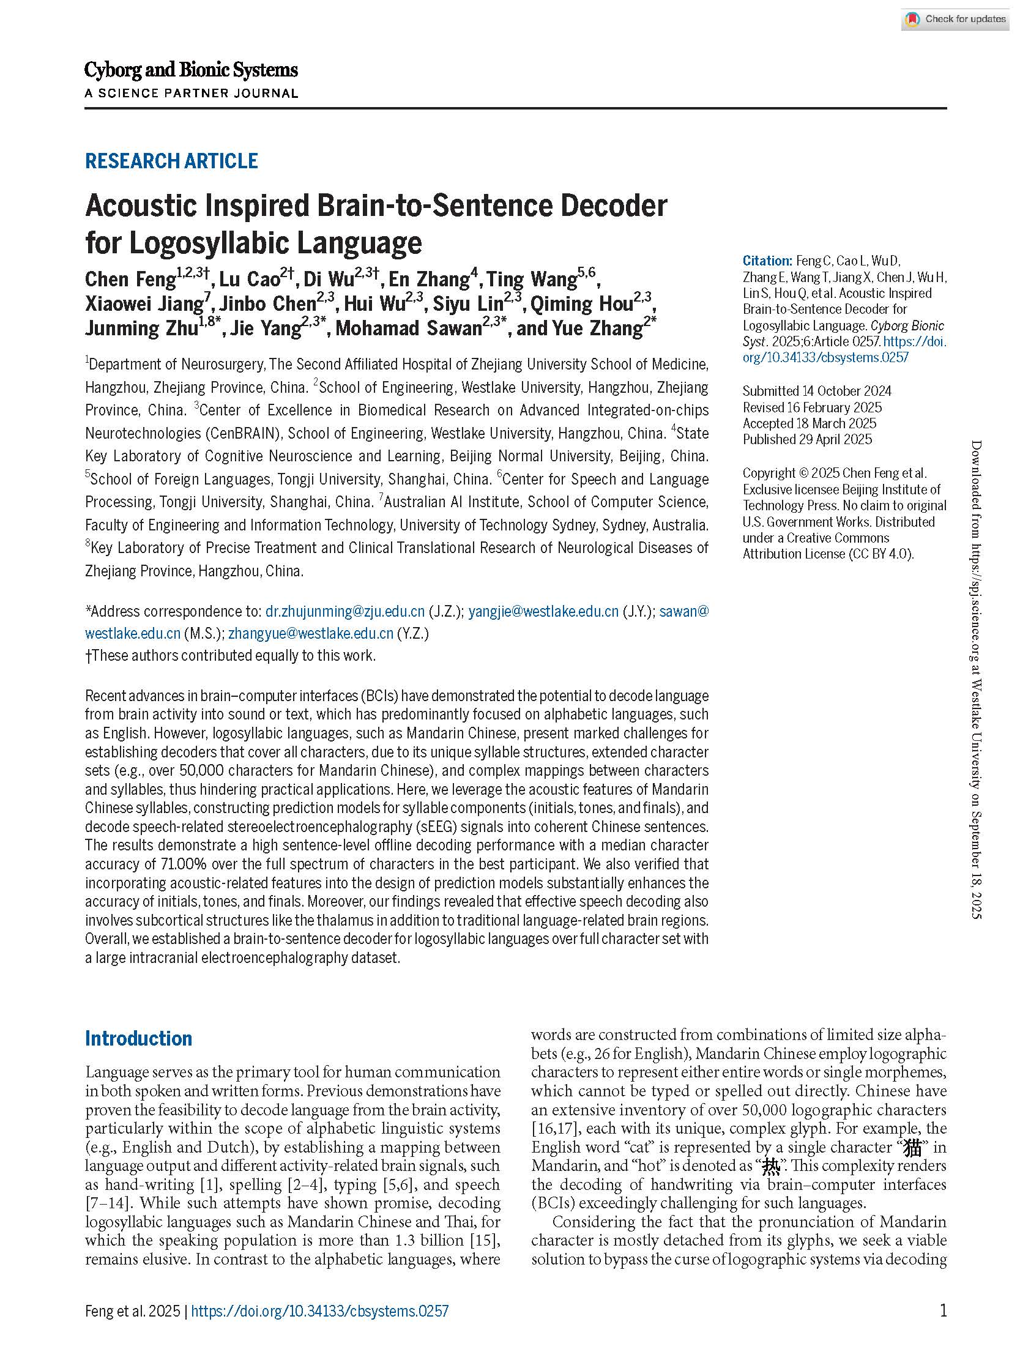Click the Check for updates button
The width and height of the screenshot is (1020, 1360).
955,19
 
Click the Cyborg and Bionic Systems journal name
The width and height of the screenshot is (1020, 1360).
191,70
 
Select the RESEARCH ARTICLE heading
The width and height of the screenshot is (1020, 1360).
171,161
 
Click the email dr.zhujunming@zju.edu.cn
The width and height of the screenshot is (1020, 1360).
345,611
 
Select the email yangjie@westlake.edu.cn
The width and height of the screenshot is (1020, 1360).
543,611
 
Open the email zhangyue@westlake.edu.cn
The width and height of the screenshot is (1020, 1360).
310,633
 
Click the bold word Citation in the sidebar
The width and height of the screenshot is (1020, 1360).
767,261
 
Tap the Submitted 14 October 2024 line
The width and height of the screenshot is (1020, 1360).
816,391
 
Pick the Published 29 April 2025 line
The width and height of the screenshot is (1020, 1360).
806,439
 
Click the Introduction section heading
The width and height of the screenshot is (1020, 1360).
138,1038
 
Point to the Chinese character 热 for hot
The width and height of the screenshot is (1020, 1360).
770,1166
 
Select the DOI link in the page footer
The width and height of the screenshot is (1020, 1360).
320,1312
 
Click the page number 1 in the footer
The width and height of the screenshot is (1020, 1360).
943,1311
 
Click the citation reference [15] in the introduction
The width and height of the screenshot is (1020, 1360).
485,1240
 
